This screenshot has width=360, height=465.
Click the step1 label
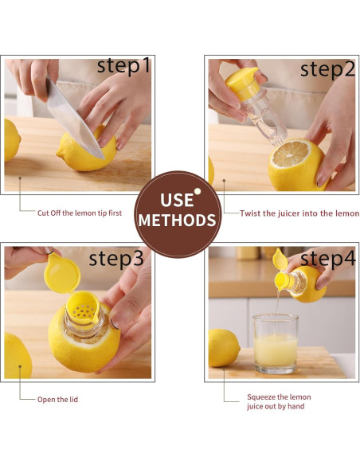tap(123, 66)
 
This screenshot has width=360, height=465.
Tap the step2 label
tap(327, 70)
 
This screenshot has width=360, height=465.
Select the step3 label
tap(116, 259)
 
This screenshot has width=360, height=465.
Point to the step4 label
tap(327, 259)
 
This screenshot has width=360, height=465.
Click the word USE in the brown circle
tap(177, 200)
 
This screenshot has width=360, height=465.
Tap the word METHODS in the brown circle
tap(178, 221)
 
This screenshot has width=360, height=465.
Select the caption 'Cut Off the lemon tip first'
tap(80, 213)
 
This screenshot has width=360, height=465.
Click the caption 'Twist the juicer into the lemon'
tap(299, 213)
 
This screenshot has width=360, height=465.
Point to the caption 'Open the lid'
tap(57, 400)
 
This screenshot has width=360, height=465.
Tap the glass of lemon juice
tap(276, 344)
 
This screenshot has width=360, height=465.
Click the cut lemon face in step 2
tap(290, 154)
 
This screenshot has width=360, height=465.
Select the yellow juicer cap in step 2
tap(243, 84)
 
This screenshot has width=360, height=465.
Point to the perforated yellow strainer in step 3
tap(83, 308)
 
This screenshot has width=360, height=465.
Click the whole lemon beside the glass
tap(224, 348)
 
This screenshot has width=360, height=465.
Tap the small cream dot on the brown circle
tap(198, 191)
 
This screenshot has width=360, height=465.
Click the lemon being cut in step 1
tap(87, 150)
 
